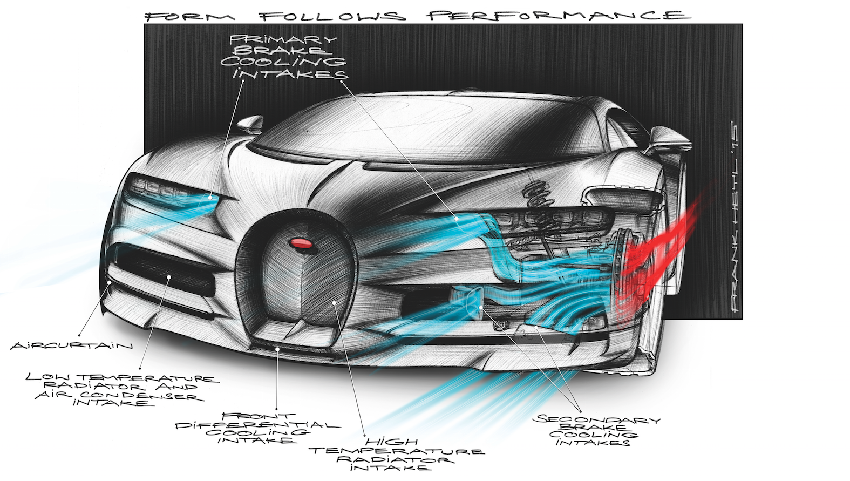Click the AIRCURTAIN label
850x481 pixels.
click(x=71, y=345)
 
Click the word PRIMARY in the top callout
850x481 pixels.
click(x=283, y=39)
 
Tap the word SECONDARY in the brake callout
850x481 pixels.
click(x=596, y=419)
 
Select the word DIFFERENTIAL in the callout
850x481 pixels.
click(x=258, y=425)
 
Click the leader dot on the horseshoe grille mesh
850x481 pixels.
click(x=334, y=303)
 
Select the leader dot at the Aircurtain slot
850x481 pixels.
click(x=110, y=282)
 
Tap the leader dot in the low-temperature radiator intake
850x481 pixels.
click(x=169, y=276)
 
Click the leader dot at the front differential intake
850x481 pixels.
click(x=277, y=349)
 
